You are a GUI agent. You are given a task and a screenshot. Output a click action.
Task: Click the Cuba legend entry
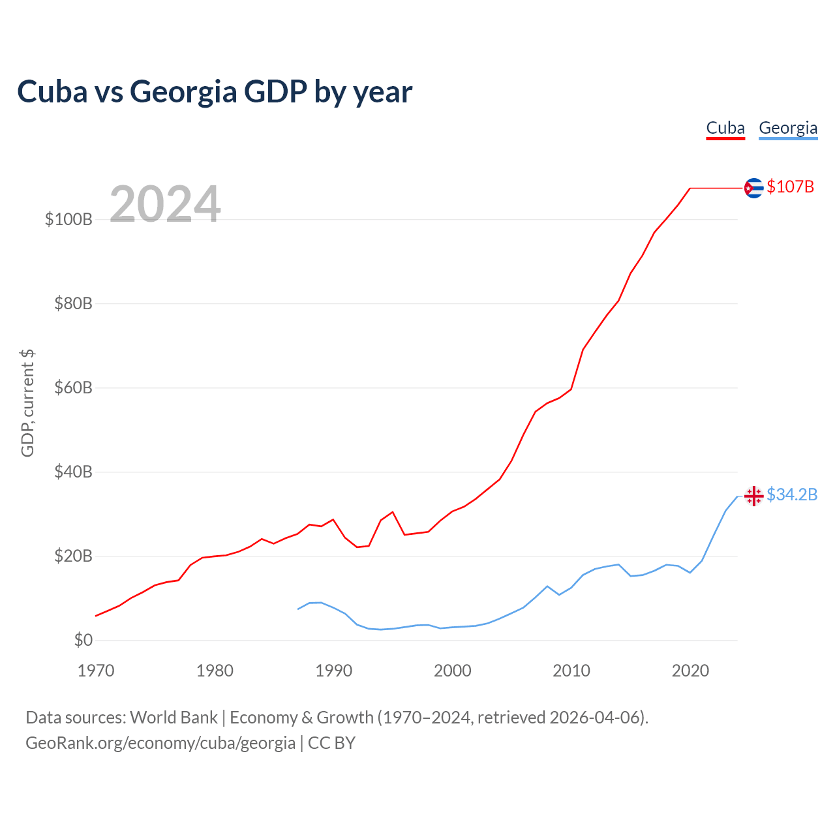[725, 128]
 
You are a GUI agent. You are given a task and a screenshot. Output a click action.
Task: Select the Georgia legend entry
[788, 128]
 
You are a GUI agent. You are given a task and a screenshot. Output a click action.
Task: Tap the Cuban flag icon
[753, 188]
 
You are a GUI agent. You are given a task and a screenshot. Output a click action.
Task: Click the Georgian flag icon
[753, 496]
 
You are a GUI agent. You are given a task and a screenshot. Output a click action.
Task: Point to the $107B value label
[791, 187]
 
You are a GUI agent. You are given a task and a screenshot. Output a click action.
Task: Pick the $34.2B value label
[792, 495]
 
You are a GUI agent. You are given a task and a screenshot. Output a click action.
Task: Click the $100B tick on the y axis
[68, 220]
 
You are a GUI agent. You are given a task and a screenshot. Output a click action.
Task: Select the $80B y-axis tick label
[73, 304]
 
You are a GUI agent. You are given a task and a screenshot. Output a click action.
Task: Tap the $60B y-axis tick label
[73, 388]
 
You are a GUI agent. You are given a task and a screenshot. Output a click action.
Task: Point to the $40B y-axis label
[73, 472]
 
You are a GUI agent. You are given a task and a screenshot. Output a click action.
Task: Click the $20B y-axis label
[73, 556]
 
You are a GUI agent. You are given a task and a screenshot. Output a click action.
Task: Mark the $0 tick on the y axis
[83, 641]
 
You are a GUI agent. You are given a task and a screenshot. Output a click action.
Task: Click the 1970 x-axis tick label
[96, 671]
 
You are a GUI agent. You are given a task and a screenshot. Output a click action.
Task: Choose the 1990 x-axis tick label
[334, 671]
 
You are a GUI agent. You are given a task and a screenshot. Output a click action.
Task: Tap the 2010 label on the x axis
[571, 671]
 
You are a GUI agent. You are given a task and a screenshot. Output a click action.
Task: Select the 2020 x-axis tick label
[690, 671]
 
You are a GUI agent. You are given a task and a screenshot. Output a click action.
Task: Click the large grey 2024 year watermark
[165, 205]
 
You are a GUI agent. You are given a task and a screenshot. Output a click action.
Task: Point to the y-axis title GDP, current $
[27, 403]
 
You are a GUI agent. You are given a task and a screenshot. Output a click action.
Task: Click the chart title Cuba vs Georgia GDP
[215, 92]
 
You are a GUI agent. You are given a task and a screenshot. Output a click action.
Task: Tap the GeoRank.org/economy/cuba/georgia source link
[160, 743]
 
